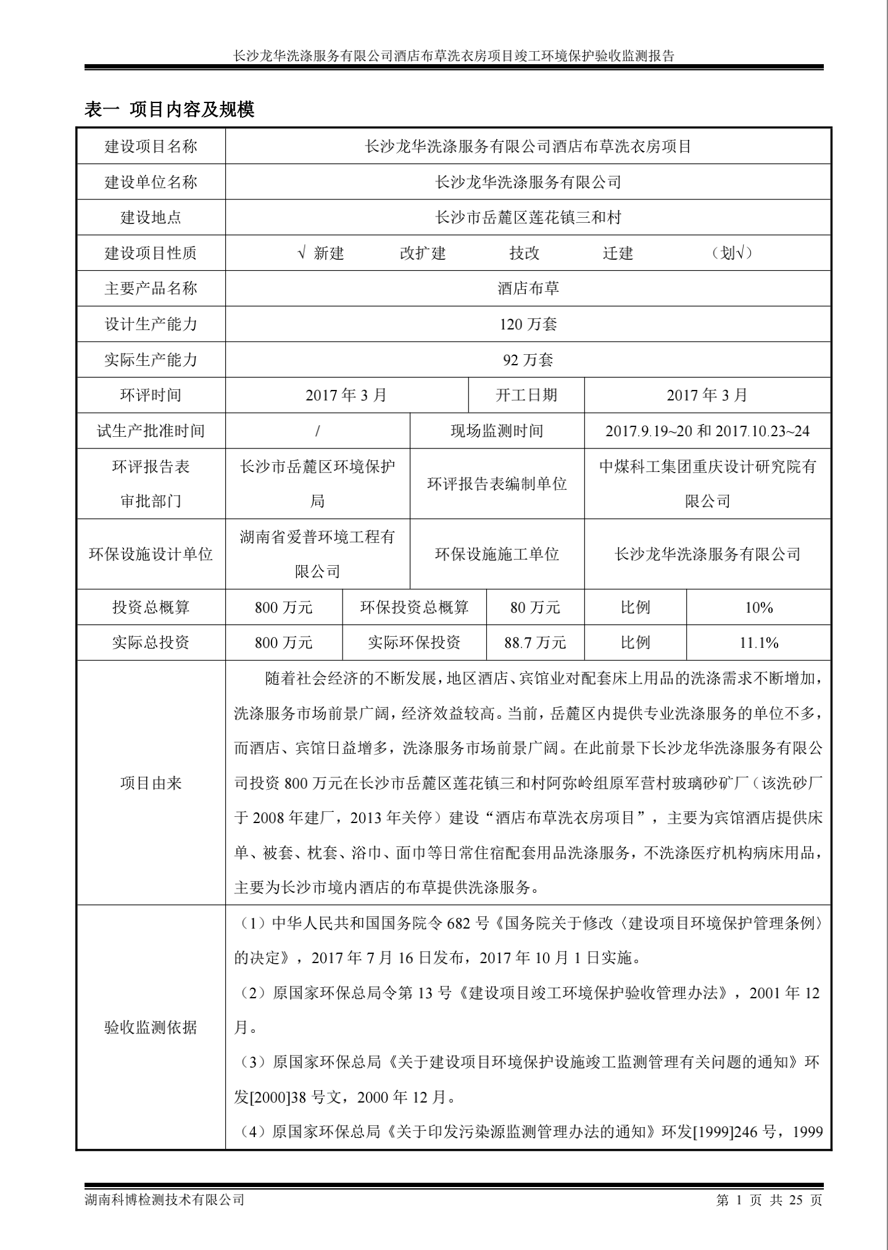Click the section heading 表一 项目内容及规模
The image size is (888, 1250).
pos(169,110)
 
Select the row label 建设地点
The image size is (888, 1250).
pos(151,217)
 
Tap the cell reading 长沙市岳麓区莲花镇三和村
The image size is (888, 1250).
pos(528,217)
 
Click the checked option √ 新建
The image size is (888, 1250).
pos(321,253)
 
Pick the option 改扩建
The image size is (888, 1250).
pos(423,253)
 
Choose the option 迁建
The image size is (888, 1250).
pos(618,253)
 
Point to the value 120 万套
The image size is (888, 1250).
pos(528,324)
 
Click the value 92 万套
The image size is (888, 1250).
pos(528,360)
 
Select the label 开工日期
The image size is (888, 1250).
pos(526,395)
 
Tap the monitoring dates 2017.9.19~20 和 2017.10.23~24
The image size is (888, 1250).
pos(707,431)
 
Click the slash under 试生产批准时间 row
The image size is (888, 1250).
pos(317,431)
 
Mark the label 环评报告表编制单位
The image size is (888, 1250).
pos(497,484)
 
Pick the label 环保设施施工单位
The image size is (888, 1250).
pos(497,554)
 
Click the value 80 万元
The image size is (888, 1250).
pos(535,608)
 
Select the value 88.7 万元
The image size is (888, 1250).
pos(535,643)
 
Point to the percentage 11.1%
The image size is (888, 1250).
pos(758,643)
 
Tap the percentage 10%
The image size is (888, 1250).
pos(758,608)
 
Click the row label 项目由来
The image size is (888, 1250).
pos(151,784)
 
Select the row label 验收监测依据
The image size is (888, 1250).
pos(151,1027)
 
